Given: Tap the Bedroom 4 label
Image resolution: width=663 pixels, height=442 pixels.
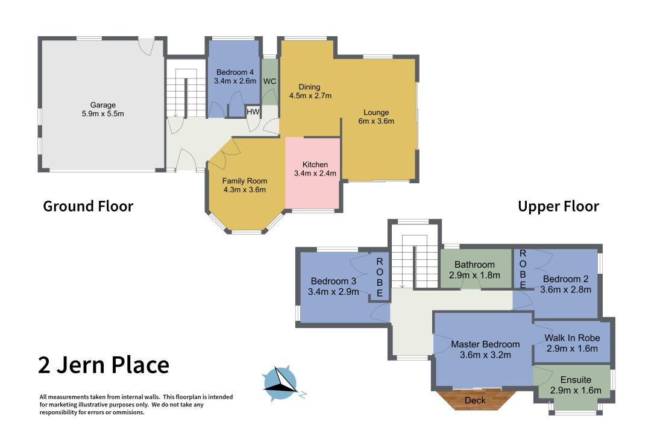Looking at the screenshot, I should (x=234, y=72).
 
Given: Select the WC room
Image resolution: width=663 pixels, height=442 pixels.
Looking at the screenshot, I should (x=269, y=81).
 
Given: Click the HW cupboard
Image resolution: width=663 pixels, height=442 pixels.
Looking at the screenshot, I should (x=253, y=112).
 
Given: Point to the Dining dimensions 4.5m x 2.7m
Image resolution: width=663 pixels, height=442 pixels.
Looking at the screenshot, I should (x=310, y=95).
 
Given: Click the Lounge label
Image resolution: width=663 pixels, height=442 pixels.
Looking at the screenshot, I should (x=376, y=112).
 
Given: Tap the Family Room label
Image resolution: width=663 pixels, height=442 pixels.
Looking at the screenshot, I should (x=244, y=181).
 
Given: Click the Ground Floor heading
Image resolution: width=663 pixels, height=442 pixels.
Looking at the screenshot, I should (x=88, y=206).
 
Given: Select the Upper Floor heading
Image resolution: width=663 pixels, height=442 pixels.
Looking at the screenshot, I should (x=558, y=206).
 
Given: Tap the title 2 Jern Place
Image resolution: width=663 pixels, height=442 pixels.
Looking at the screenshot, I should (x=104, y=365).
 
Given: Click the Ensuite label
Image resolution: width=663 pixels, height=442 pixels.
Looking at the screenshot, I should (x=576, y=380).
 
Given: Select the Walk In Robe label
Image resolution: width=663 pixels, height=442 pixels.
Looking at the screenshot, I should (x=571, y=338).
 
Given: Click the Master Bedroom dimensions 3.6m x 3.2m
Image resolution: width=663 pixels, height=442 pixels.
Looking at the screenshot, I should (x=485, y=355).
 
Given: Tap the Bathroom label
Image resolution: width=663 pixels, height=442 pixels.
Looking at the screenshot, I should (x=474, y=264).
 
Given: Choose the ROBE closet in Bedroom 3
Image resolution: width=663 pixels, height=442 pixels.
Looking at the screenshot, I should (x=380, y=277).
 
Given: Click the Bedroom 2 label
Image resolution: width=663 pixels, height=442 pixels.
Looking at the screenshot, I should (x=565, y=279).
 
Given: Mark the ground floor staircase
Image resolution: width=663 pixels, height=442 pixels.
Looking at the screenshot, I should (x=185, y=93).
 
